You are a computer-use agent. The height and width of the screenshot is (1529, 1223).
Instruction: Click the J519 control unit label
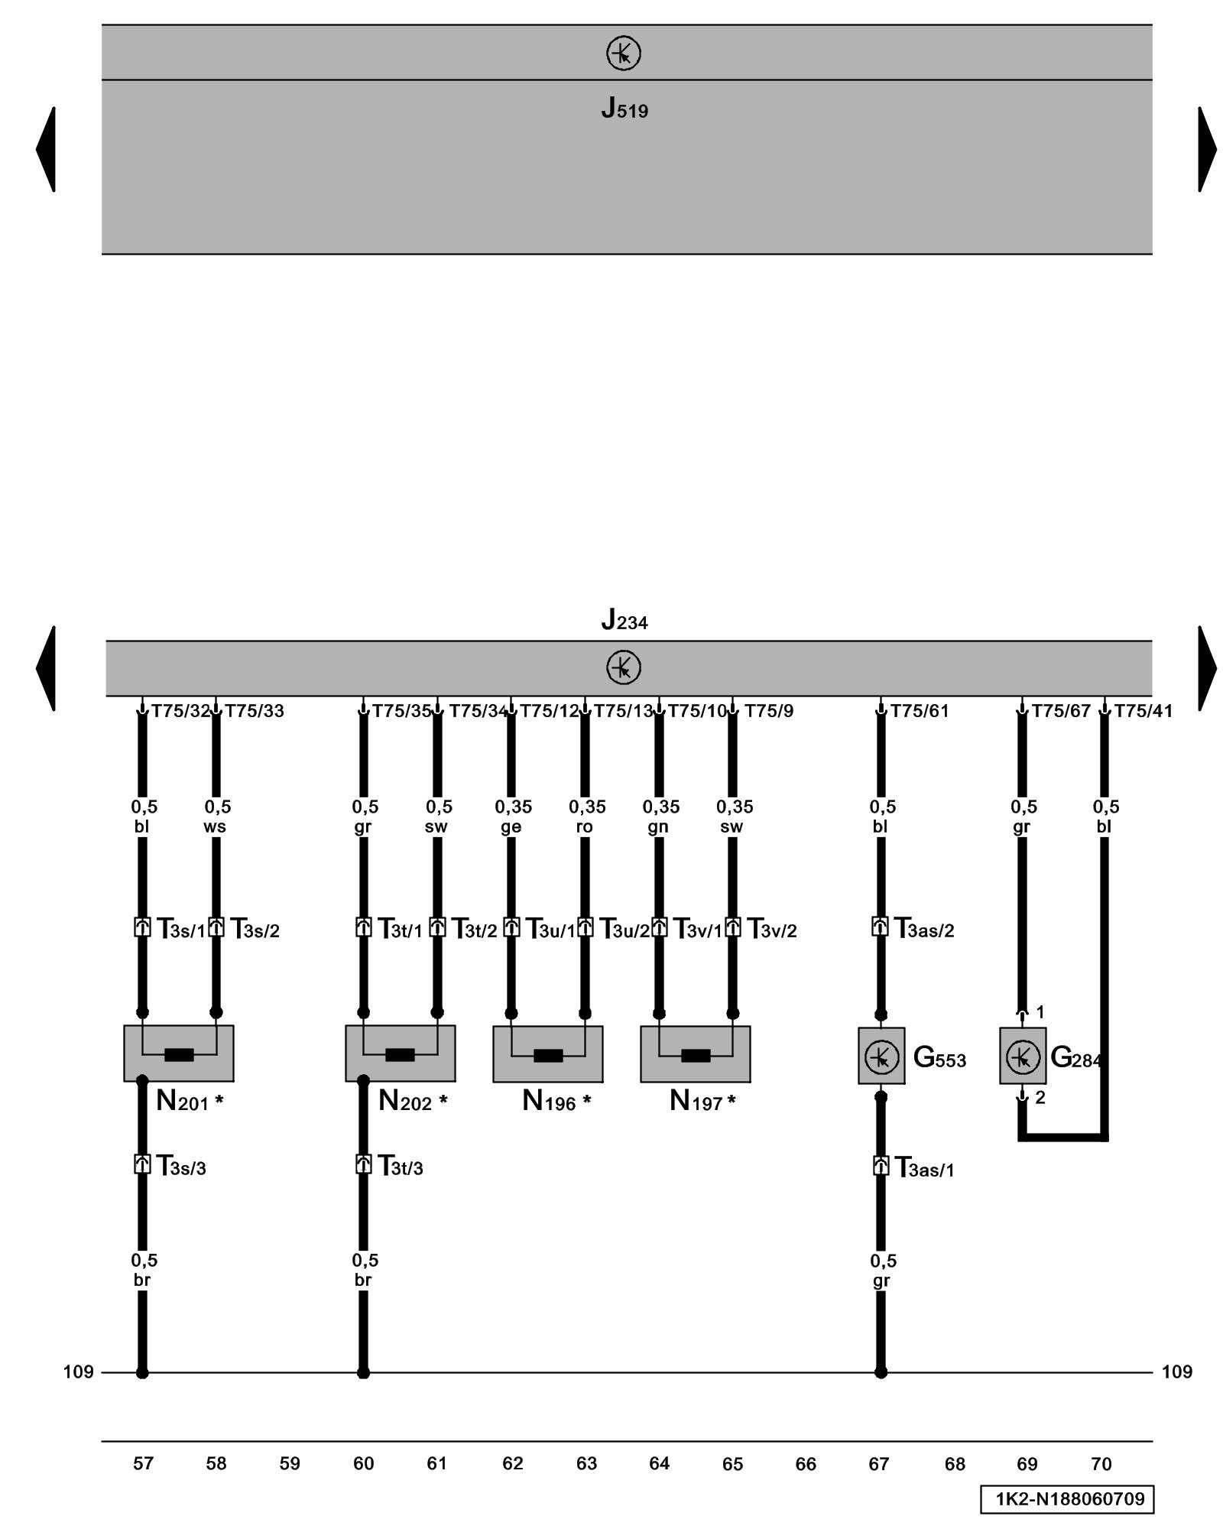(624, 109)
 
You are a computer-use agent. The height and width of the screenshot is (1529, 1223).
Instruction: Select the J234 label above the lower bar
(624, 619)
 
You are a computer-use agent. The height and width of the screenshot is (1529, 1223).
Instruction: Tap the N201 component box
(179, 1053)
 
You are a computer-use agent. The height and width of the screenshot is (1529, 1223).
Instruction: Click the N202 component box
(400, 1053)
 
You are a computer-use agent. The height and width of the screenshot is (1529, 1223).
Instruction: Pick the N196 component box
(547, 1054)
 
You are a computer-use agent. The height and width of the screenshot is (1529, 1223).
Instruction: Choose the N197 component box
(695, 1054)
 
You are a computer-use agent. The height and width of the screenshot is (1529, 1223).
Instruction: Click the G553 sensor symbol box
(881, 1056)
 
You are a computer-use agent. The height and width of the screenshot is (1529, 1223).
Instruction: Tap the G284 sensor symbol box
(1023, 1056)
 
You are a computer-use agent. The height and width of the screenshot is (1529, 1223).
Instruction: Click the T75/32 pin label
(180, 711)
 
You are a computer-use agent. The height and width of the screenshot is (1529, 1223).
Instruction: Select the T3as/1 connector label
(924, 1167)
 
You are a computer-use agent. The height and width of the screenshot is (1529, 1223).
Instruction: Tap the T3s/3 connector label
(181, 1166)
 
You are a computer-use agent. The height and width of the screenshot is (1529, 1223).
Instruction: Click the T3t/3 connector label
(400, 1166)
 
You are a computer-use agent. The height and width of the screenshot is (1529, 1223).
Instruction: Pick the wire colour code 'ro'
(584, 826)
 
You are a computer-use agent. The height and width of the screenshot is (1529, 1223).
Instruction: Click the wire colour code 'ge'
(511, 826)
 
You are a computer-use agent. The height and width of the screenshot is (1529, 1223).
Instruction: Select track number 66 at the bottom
(806, 1463)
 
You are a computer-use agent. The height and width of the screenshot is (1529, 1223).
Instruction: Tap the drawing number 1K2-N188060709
(1067, 1499)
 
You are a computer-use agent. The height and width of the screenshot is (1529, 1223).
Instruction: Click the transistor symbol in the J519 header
(623, 54)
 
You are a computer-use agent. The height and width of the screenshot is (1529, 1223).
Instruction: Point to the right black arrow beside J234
(1207, 668)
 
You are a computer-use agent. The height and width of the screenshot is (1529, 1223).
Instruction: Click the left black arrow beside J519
(46, 149)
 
